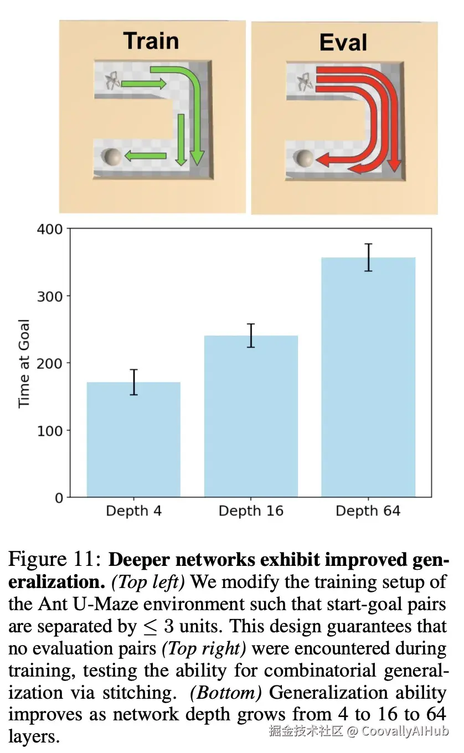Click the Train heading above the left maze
[151, 42]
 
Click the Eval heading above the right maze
[343, 43]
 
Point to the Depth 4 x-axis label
[133, 510]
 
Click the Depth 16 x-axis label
[251, 510]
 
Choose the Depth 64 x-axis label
[368, 510]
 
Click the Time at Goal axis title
[24, 363]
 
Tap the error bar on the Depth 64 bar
[368, 257]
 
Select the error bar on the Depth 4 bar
[133, 382]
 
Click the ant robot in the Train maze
[112, 82]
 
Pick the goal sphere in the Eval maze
[304, 158]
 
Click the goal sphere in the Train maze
[112, 157]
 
